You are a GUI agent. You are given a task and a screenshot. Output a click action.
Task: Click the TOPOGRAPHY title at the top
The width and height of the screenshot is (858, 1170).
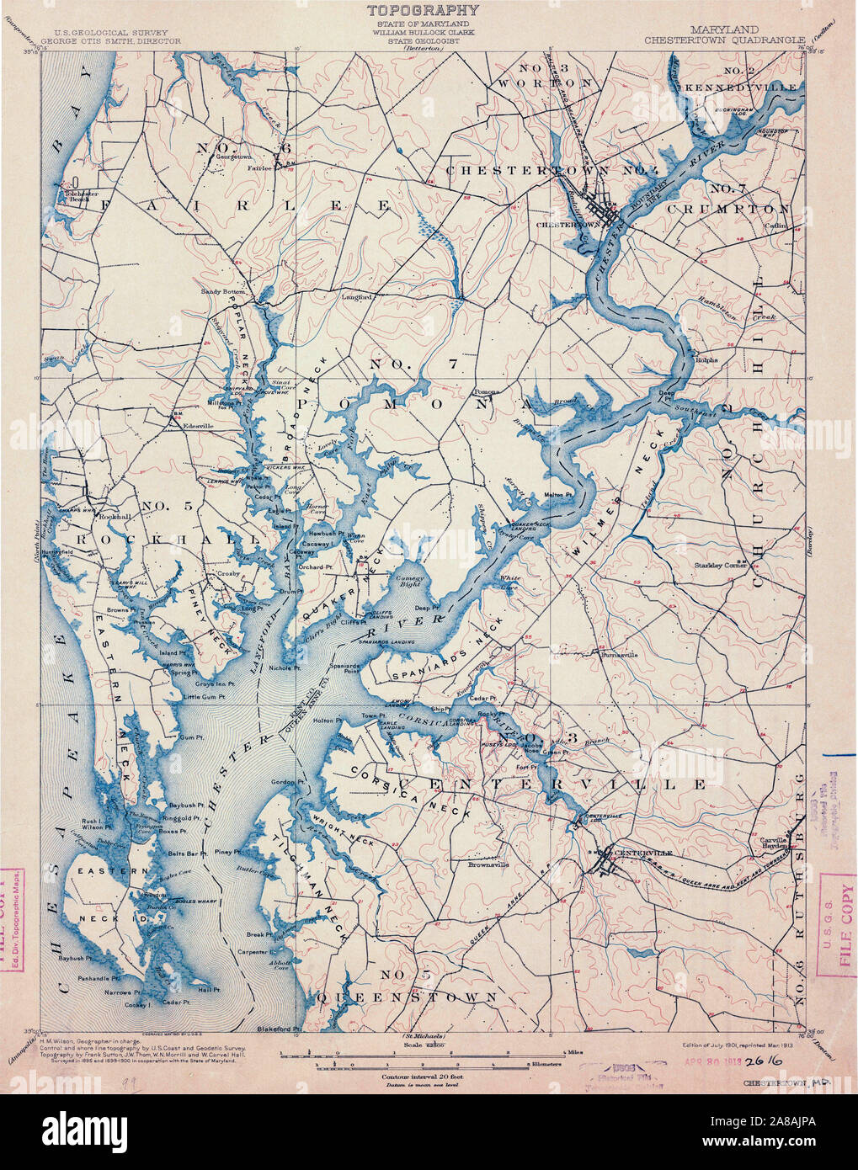coord(423,10)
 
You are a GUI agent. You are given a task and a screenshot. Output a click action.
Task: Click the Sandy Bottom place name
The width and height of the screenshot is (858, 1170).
coord(222,291)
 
